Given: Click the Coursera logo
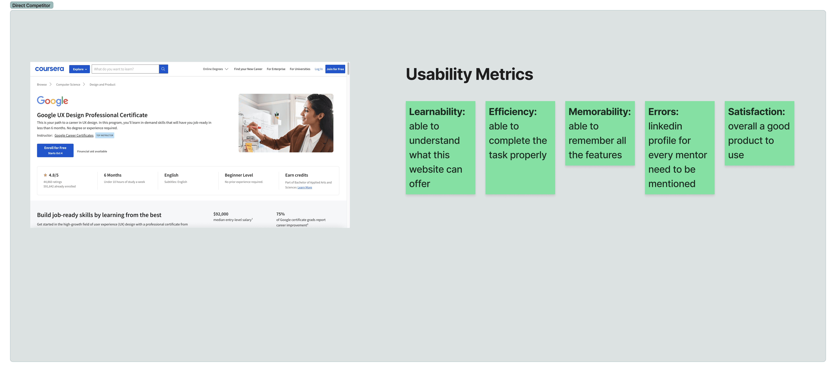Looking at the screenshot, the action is click(x=49, y=69).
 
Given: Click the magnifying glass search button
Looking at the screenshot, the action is click(x=163, y=69).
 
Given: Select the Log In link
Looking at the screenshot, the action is click(x=318, y=69).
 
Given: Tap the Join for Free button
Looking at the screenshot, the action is click(x=335, y=69).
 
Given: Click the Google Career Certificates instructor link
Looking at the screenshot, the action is click(x=74, y=135).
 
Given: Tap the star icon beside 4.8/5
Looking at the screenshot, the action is click(x=45, y=175).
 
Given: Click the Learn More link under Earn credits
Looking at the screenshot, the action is click(x=305, y=188).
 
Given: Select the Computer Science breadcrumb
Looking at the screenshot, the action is click(x=68, y=85).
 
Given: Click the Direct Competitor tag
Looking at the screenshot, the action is click(x=32, y=5).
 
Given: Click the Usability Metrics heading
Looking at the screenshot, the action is click(x=469, y=74).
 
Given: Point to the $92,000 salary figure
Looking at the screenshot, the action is click(x=221, y=214).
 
